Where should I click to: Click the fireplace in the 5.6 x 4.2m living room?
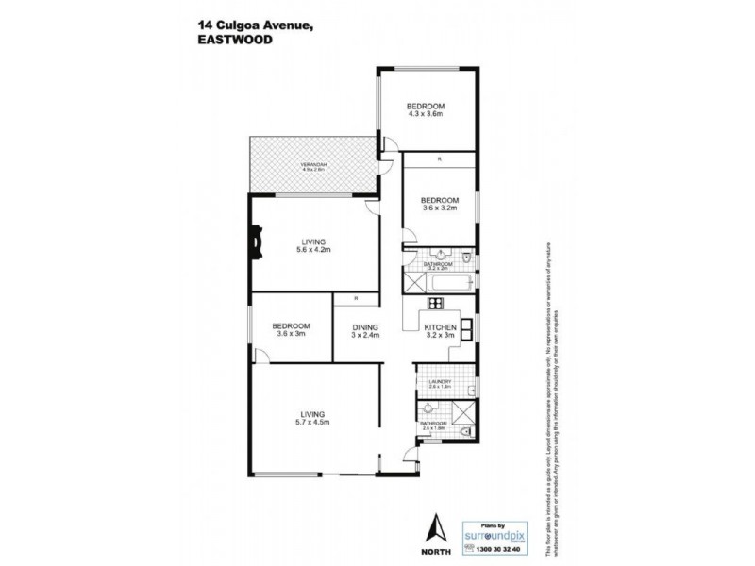pos(256,240)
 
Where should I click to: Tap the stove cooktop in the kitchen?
pos(435,303)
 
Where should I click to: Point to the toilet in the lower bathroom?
pos(468,432)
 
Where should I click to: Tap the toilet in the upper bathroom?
pos(468,258)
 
